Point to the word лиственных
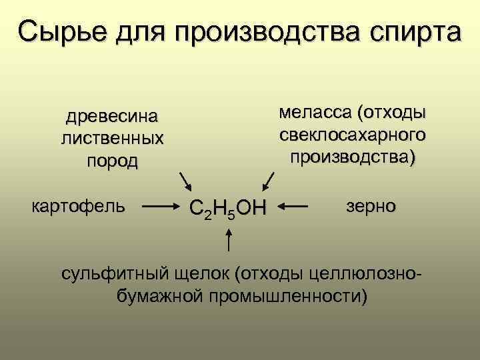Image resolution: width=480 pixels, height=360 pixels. [x=112, y=139]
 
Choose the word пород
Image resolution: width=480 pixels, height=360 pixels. [x=112, y=161]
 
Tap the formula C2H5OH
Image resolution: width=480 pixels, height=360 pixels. [x=227, y=208]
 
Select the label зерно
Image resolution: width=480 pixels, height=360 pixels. [x=371, y=205]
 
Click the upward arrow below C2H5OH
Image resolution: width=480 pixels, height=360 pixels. [x=229, y=240]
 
